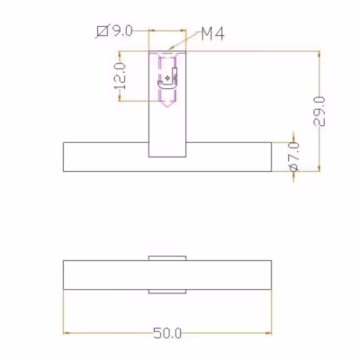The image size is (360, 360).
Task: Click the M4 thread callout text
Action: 212,33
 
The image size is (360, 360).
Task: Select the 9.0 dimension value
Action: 122,31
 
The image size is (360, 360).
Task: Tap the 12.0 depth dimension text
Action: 120,76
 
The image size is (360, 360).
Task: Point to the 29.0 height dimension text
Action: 319,112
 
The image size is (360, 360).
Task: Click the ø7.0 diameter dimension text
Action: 294,157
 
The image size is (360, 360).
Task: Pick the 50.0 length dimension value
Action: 167,333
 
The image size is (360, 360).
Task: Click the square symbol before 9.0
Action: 103,31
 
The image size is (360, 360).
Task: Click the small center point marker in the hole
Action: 167,78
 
